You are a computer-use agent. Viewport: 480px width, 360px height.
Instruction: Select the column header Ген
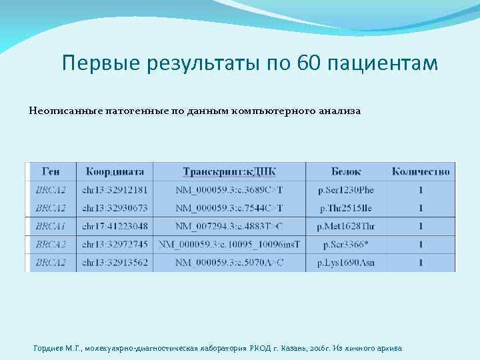tap(51, 171)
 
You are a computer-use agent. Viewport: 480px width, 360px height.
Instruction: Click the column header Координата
tap(115, 171)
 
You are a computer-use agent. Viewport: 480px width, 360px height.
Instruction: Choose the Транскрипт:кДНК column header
tap(229, 171)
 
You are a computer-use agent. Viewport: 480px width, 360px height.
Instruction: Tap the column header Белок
tap(346, 171)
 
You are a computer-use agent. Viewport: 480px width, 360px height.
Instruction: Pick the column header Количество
tap(421, 171)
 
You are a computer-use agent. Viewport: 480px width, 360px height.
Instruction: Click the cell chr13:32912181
tap(115, 190)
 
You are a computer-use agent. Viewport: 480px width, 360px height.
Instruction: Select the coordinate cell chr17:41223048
tap(115, 227)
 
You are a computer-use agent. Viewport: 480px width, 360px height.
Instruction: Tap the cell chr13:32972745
tap(115, 245)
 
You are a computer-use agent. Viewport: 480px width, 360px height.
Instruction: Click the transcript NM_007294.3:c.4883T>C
tap(229, 227)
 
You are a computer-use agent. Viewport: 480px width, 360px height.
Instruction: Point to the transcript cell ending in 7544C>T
tap(229, 209)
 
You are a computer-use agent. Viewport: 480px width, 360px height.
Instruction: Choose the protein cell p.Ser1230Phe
tap(346, 190)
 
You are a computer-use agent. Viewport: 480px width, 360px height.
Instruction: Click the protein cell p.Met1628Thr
tap(346, 227)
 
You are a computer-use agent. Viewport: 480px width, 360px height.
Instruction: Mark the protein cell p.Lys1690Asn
tap(346, 263)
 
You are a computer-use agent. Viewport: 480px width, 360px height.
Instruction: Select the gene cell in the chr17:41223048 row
tap(51, 227)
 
